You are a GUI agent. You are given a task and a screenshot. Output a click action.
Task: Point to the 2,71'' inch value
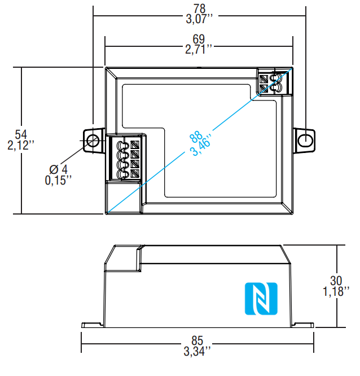click(x=199, y=50)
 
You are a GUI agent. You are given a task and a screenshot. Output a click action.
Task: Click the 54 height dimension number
click(x=21, y=134)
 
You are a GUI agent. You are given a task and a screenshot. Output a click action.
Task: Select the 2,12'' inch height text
click(x=21, y=146)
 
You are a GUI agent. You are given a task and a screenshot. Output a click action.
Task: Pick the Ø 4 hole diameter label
click(x=58, y=169)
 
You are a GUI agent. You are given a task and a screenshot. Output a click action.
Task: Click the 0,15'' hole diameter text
click(x=58, y=181)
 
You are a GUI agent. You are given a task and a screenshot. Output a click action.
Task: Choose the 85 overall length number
click(x=197, y=341)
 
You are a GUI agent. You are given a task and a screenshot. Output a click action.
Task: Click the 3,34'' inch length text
click(x=197, y=352)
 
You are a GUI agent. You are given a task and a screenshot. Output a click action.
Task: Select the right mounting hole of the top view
click(x=305, y=139)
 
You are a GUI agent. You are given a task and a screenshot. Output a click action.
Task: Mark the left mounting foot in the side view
click(x=91, y=325)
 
